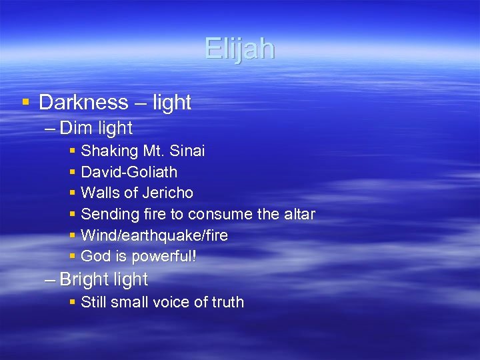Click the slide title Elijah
(x=239, y=49)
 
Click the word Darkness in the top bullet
(x=83, y=103)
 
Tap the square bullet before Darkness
(x=25, y=103)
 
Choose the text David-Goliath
(x=129, y=172)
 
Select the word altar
(x=299, y=214)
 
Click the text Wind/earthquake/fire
(x=154, y=235)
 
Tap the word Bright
(x=85, y=279)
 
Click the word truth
(x=227, y=302)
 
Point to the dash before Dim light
(x=50, y=128)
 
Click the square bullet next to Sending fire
(x=72, y=215)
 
